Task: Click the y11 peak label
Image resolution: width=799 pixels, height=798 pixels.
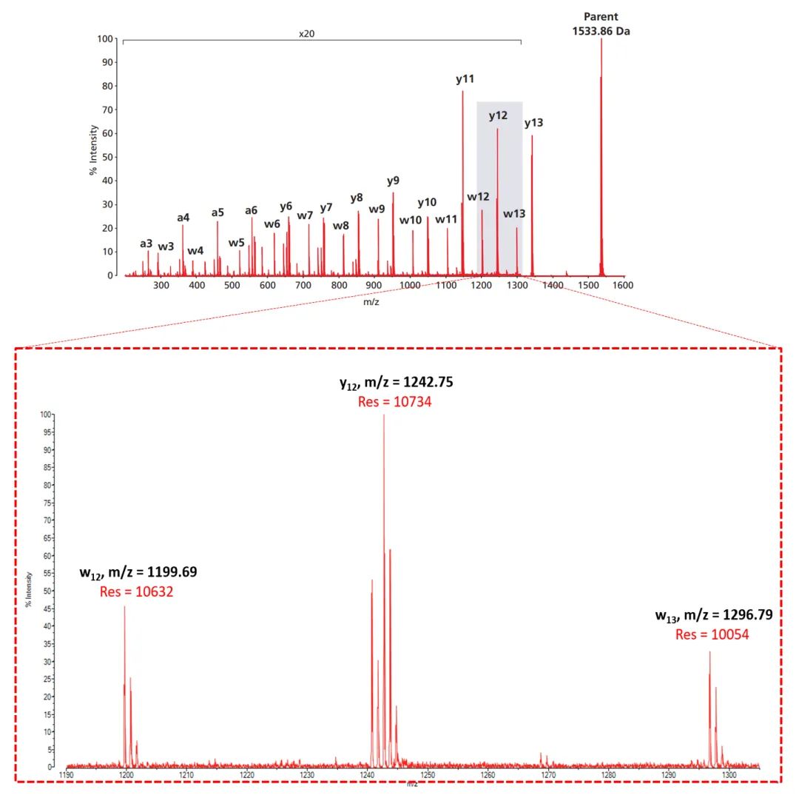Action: tap(465, 78)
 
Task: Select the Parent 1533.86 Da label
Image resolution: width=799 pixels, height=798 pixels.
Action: tap(601, 24)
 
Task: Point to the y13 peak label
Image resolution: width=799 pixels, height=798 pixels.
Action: tap(533, 123)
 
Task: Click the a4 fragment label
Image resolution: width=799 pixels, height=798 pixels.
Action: tap(183, 218)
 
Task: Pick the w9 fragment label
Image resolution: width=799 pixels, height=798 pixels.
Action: tap(377, 209)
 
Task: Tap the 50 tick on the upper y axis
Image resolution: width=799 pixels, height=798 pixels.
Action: tap(108, 157)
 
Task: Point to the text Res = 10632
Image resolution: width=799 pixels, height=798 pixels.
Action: tap(137, 591)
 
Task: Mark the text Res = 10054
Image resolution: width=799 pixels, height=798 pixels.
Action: tap(712, 634)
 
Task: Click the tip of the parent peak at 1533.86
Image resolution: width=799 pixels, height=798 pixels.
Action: tap(601, 40)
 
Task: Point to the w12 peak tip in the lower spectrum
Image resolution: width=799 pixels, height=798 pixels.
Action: tap(124, 607)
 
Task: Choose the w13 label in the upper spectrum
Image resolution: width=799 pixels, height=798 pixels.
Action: tap(514, 214)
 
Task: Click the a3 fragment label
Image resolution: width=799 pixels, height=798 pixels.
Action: tap(146, 244)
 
